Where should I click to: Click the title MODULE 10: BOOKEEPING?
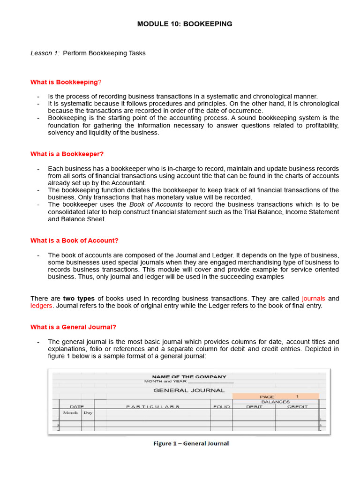[x=184, y=24]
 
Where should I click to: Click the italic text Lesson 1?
[x=45, y=53]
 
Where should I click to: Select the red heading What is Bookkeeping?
[x=64, y=82]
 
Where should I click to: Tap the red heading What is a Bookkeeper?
[x=67, y=154]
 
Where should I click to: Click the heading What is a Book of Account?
[x=75, y=240]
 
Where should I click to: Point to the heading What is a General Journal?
[x=73, y=327]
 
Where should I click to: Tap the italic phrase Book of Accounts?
[x=156, y=205]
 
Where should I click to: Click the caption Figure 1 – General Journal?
[x=191, y=443]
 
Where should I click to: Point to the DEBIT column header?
[x=254, y=407]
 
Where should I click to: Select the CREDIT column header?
[x=297, y=407]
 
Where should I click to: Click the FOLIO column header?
[x=221, y=407]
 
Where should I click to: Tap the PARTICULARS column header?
[x=152, y=407]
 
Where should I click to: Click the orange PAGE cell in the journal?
[x=275, y=396]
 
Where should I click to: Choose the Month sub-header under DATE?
[x=70, y=413]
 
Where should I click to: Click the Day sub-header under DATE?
[x=88, y=413]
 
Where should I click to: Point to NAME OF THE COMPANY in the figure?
[x=189, y=376]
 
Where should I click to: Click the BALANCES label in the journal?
[x=275, y=402]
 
